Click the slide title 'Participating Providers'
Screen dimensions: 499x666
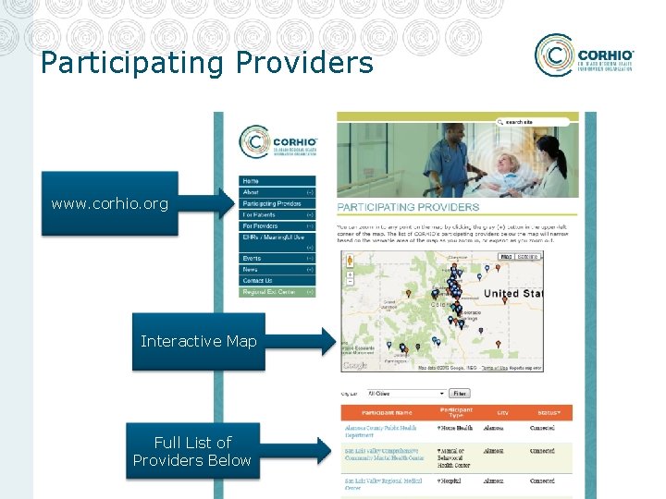coord(207,63)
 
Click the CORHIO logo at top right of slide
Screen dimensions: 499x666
coord(584,55)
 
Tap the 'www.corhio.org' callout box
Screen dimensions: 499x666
coord(110,203)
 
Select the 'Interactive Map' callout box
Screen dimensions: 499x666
coord(198,341)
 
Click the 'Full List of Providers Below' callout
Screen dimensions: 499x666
coord(192,451)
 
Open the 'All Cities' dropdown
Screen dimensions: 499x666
coord(405,393)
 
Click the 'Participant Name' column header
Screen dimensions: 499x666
coord(387,412)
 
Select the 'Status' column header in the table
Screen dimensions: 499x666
coord(549,412)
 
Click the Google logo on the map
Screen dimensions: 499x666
coord(354,366)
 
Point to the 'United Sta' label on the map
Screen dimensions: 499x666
coord(513,294)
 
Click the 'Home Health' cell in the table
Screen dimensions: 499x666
coord(457,428)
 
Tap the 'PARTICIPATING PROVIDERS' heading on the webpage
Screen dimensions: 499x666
coord(408,207)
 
